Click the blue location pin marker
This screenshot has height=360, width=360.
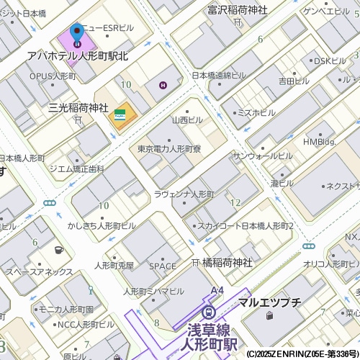[77, 33]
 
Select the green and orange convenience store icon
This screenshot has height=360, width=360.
[120, 114]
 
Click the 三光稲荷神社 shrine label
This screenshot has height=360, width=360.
[78, 107]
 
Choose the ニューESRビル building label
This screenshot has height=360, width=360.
[108, 28]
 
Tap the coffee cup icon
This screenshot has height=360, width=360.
[58, 250]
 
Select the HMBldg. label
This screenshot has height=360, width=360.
[320, 142]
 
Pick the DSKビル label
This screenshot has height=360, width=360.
[330, 61]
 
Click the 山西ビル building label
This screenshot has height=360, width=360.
[187, 120]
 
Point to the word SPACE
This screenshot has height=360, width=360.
[163, 266]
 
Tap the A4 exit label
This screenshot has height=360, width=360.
[217, 290]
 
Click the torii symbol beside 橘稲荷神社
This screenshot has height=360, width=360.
[195, 263]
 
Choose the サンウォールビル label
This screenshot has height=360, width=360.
[262, 156]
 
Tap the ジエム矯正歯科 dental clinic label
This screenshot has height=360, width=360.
[76, 168]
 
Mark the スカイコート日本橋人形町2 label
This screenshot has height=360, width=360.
[246, 226]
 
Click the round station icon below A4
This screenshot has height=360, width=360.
[209, 311]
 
